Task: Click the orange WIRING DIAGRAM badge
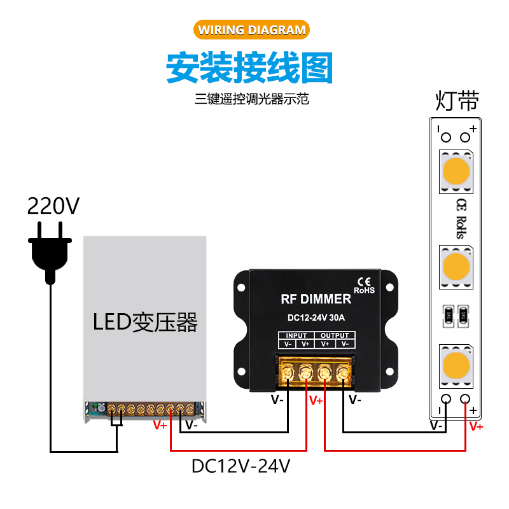252,30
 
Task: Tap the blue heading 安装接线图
249,67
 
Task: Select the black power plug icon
48,250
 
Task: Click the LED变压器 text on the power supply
145,323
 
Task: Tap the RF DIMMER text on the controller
316,299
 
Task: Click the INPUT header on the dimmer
296,335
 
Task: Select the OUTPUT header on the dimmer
335,335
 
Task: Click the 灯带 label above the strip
457,101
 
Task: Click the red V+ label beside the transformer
160,426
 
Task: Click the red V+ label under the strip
475,426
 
